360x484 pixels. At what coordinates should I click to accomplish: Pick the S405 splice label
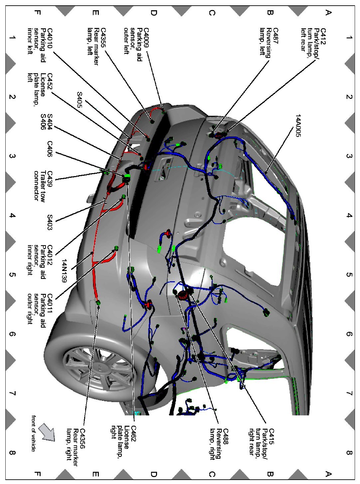point(80,99)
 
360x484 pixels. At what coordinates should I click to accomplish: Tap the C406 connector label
point(50,149)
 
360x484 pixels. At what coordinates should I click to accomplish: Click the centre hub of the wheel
point(99,366)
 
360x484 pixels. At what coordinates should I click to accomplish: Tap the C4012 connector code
point(50,254)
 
